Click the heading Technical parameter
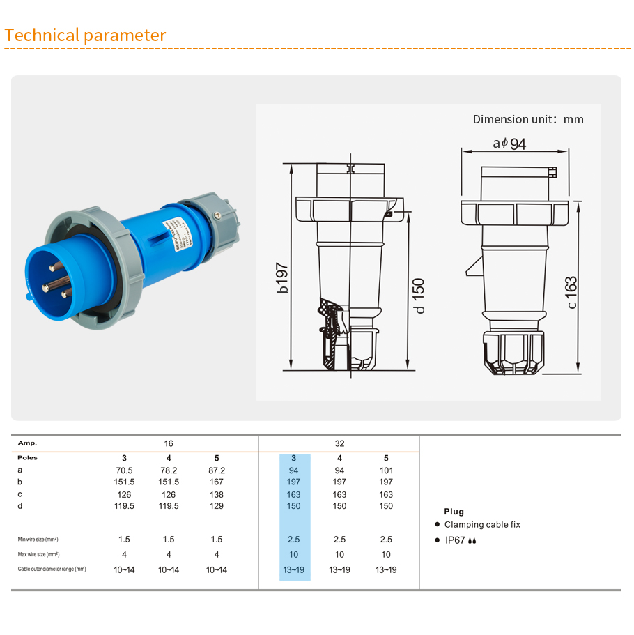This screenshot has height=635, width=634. tap(85, 36)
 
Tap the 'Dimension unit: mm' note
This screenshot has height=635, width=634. tap(528, 119)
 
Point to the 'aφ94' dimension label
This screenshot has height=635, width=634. tap(509, 144)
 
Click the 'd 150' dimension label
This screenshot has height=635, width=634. tap(419, 296)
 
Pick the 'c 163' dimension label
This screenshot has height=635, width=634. tap(571, 293)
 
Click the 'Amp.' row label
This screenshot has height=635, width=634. tap(28, 443)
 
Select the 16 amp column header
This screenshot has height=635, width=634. tap(169, 443)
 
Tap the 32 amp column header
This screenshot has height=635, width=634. tap(339, 443)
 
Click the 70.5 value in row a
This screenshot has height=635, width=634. tap(125, 470)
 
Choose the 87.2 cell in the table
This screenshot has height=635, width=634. tap(217, 470)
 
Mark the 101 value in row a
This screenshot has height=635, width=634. tap(386, 470)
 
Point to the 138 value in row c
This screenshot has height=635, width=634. tap(217, 494)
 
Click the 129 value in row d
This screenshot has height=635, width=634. tap(217, 506)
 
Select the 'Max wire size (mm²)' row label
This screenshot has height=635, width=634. tap(38, 555)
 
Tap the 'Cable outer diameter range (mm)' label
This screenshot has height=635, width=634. tap(52, 569)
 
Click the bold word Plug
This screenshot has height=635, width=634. tap(454, 512)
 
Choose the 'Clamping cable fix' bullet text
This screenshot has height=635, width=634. tap(482, 525)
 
